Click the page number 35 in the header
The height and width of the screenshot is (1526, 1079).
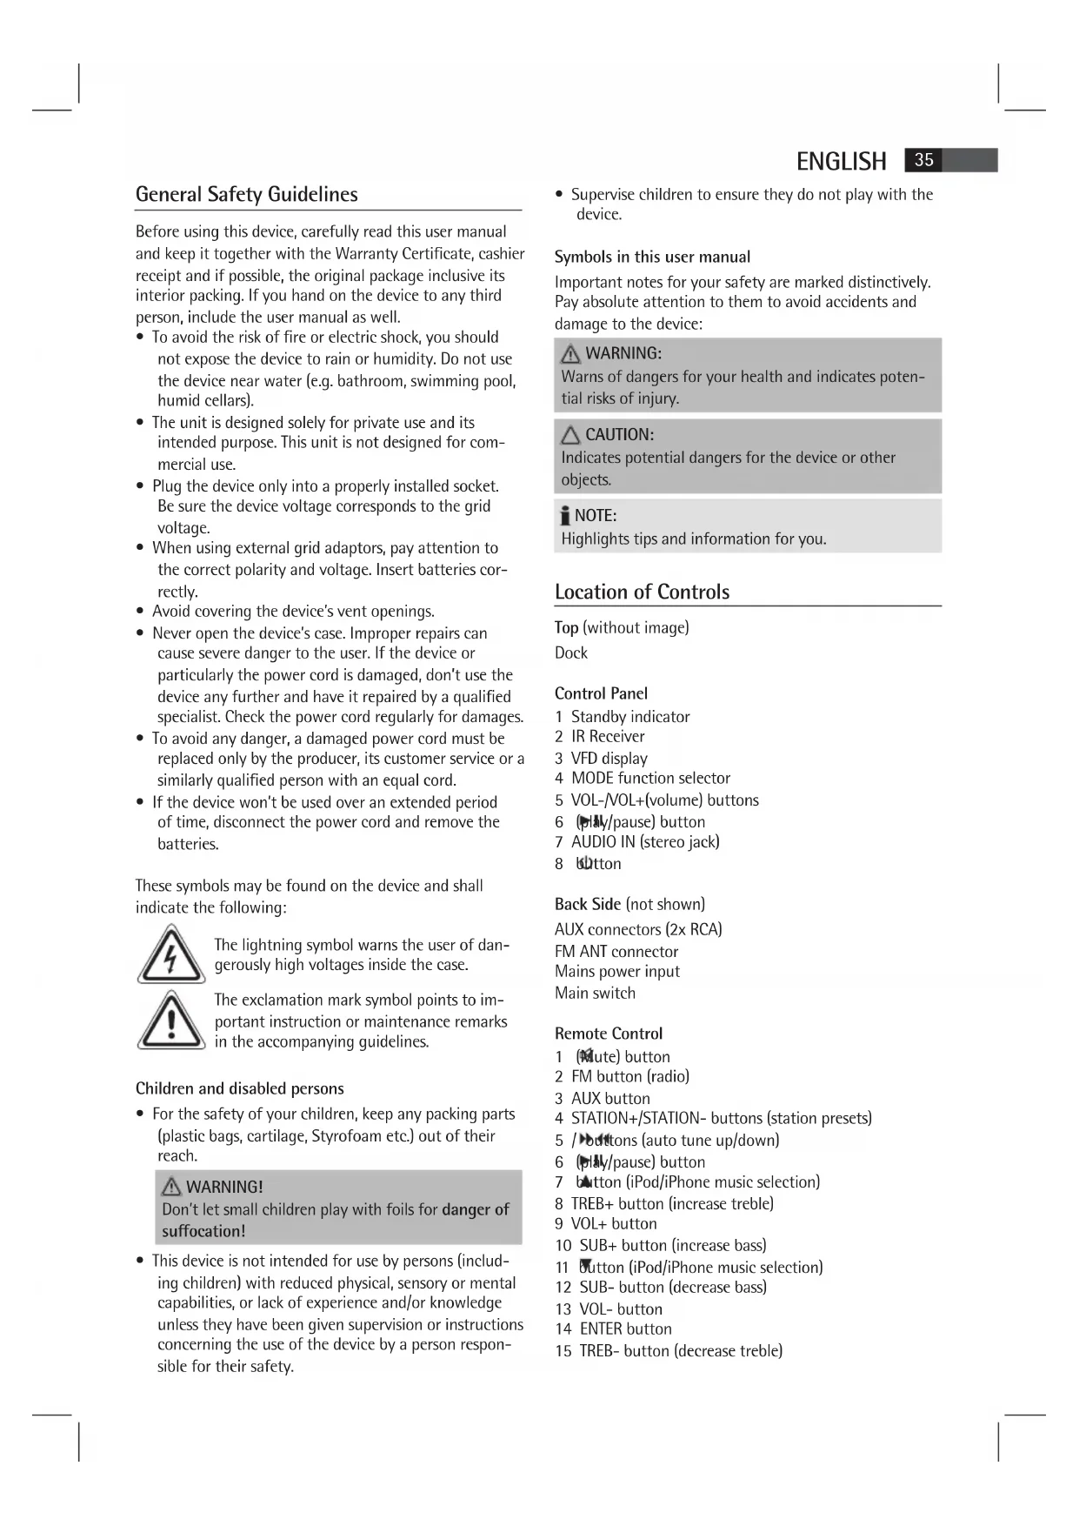click(x=923, y=160)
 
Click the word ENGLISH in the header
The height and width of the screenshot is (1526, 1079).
click(x=841, y=162)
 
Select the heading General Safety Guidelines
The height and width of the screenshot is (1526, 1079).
click(x=246, y=194)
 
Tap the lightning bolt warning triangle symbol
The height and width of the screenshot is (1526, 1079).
click(x=171, y=954)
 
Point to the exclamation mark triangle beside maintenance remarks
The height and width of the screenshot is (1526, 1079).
click(x=171, y=1020)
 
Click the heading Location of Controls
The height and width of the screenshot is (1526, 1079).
click(x=642, y=592)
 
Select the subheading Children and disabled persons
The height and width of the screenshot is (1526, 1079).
click(x=239, y=1088)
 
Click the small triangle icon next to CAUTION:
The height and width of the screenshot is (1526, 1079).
click(x=570, y=435)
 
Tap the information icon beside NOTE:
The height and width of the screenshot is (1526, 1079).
click(x=565, y=517)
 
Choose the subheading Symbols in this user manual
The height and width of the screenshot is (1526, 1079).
click(x=652, y=257)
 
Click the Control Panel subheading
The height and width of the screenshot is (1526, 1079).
click(x=601, y=693)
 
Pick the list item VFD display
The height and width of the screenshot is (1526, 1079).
click(x=609, y=759)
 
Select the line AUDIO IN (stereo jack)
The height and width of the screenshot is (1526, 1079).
click(x=644, y=841)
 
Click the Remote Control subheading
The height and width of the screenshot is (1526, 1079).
click(x=608, y=1034)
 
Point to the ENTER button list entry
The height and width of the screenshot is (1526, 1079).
click(x=625, y=1329)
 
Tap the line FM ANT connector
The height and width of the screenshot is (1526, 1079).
click(x=616, y=952)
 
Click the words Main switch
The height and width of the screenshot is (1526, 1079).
click(x=595, y=993)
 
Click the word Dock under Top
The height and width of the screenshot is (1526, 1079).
click(x=571, y=653)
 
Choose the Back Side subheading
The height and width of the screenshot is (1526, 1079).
click(x=588, y=904)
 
